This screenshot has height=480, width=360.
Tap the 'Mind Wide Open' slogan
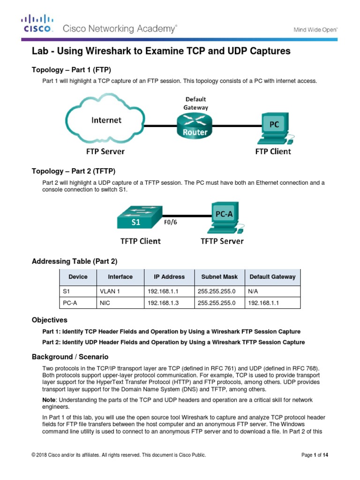315,29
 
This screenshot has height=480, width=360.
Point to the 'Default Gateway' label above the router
195,103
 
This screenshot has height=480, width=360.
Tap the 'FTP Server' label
105,151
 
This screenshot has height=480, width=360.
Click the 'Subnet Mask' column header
220,277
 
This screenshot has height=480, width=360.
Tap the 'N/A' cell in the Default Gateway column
254,291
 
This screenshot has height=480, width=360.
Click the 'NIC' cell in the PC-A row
105,303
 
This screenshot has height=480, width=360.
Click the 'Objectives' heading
49,320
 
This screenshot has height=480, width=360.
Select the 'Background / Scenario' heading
70,357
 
